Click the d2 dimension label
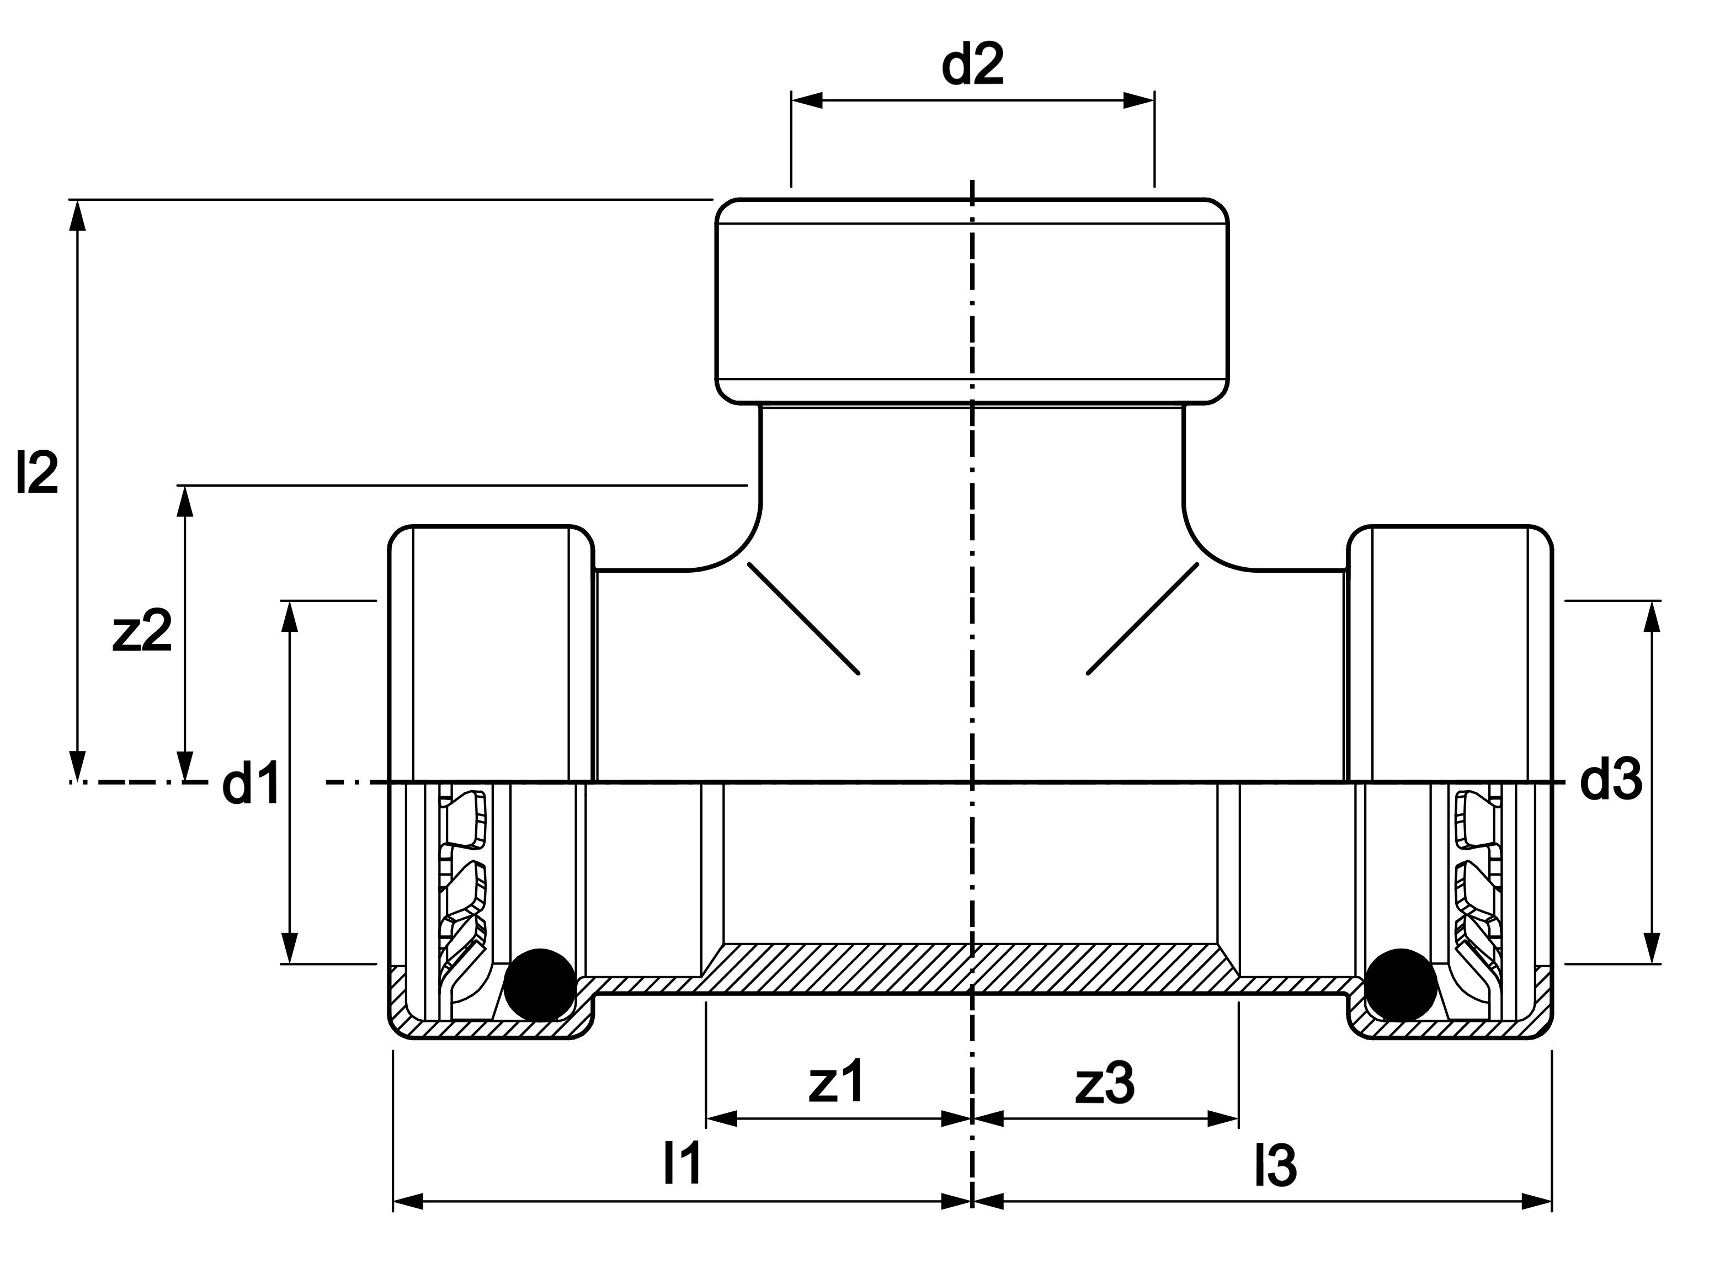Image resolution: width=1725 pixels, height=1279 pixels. [972, 65]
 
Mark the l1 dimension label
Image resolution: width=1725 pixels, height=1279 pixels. [682, 1163]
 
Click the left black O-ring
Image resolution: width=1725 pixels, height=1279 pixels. [540, 985]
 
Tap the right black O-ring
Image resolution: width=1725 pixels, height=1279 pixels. [1401, 985]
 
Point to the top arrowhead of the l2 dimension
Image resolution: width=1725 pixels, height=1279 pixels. [77, 215]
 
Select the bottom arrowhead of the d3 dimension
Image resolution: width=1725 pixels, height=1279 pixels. [1652, 948]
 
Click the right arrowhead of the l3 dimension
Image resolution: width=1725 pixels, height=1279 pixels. [1537, 1202]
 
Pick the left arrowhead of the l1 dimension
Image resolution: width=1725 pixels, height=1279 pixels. [409, 1202]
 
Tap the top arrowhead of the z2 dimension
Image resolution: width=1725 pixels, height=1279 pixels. [184, 501]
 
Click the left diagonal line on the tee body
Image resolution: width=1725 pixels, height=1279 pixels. [803, 619]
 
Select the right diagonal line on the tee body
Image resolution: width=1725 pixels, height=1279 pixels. [1143, 619]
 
